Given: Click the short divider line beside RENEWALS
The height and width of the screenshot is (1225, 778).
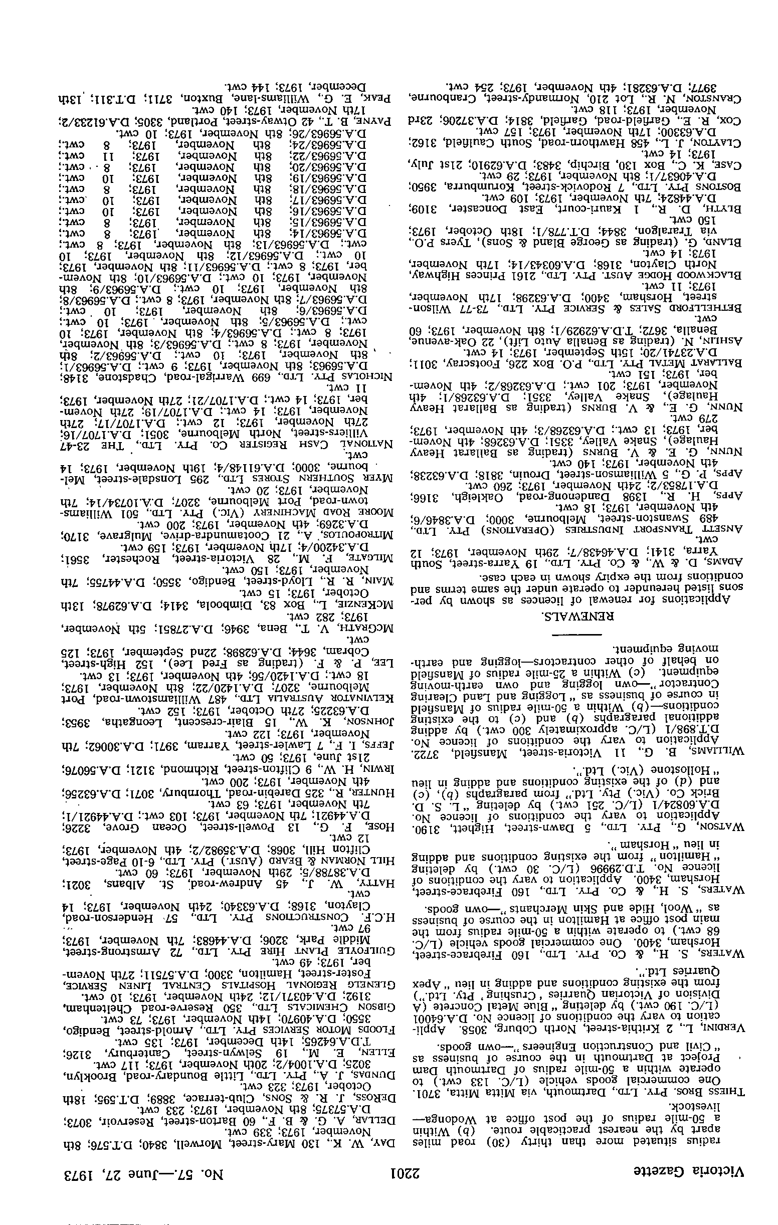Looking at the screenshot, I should (x=576, y=634).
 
